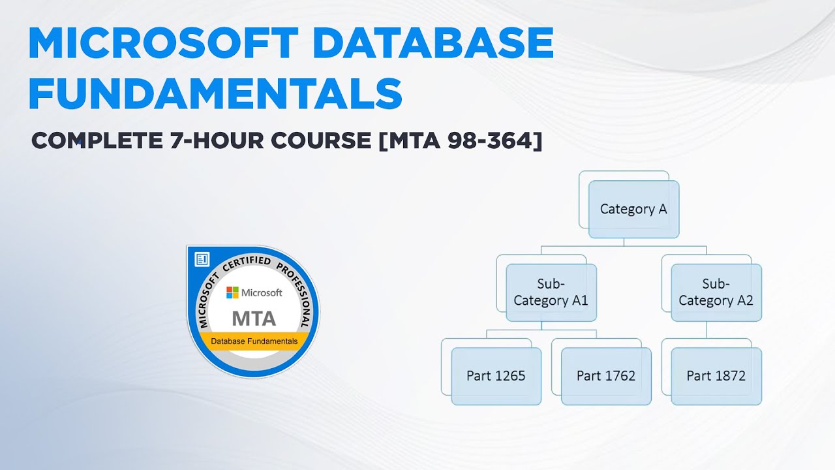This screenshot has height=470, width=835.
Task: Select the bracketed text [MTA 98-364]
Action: (x=461, y=140)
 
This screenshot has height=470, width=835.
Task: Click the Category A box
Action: (x=633, y=210)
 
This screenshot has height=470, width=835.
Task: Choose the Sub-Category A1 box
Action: (x=551, y=292)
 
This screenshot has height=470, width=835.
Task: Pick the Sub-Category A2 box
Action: (x=716, y=292)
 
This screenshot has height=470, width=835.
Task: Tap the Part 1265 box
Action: (x=496, y=376)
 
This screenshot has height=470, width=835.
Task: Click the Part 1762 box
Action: (x=606, y=376)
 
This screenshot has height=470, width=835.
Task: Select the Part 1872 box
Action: (x=716, y=376)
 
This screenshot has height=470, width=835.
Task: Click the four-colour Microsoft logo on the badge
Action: (x=232, y=292)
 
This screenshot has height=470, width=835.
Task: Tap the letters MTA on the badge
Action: (x=254, y=319)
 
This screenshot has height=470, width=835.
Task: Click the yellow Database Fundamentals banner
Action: (x=254, y=341)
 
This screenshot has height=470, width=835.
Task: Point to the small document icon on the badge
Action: (x=202, y=260)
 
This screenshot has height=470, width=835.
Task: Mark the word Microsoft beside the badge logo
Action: (x=262, y=292)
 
